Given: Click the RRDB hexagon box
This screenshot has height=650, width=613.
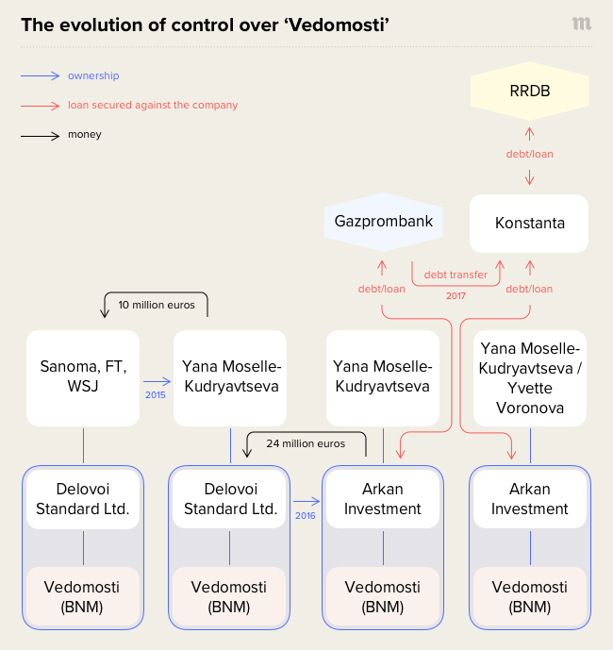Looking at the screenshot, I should pyautogui.click(x=529, y=92).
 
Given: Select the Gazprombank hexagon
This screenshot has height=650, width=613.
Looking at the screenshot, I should pyautogui.click(x=384, y=223).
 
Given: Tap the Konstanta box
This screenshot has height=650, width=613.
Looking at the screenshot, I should pyautogui.click(x=529, y=224).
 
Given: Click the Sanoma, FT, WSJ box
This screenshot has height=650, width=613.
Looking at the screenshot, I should pyautogui.click(x=83, y=377).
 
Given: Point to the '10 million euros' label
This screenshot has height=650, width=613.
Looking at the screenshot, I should pyautogui.click(x=156, y=305).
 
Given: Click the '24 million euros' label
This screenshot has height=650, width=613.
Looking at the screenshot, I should pyautogui.click(x=306, y=442).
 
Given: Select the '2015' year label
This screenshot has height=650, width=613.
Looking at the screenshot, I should pyautogui.click(x=156, y=394).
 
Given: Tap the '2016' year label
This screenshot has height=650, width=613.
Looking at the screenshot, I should pyautogui.click(x=305, y=516).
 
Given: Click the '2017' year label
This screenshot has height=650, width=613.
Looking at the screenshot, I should pyautogui.click(x=456, y=295).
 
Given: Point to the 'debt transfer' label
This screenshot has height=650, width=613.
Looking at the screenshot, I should pyautogui.click(x=456, y=275).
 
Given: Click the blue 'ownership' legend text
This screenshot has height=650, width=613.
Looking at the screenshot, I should pyautogui.click(x=93, y=75).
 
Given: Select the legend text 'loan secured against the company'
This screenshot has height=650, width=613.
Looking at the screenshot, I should pyautogui.click(x=152, y=105).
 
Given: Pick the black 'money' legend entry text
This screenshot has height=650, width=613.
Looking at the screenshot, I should pyautogui.click(x=84, y=135).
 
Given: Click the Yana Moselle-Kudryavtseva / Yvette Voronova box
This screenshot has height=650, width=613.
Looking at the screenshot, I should pyautogui.click(x=529, y=377).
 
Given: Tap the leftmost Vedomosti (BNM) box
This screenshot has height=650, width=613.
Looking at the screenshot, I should pyautogui.click(x=83, y=596).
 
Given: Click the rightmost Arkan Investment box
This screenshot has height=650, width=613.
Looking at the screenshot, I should pyautogui.click(x=529, y=499).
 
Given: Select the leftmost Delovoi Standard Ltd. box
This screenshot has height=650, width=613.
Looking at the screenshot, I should pyautogui.click(x=83, y=499).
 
